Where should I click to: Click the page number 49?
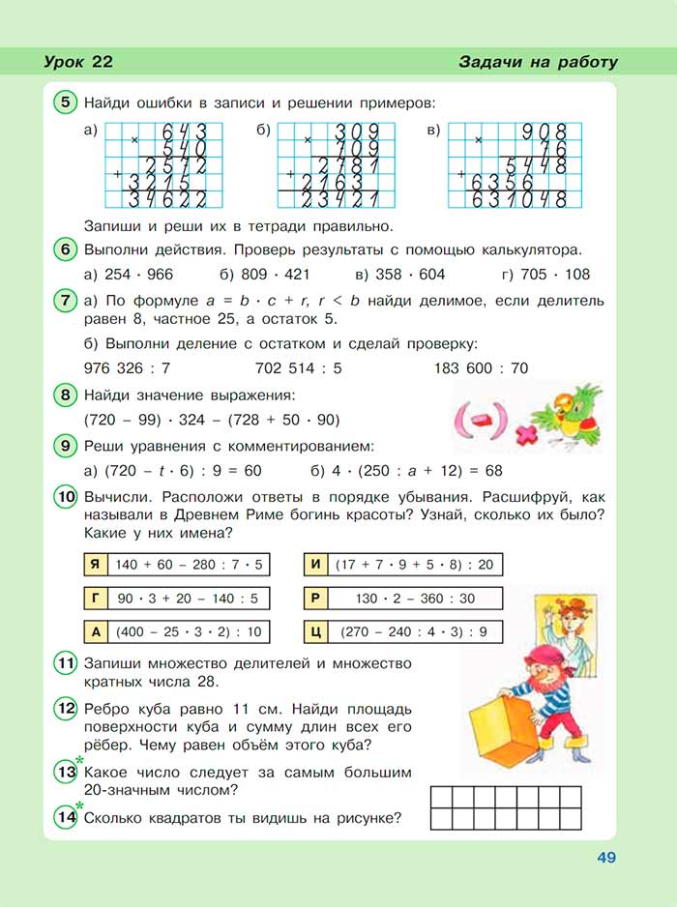(606, 857)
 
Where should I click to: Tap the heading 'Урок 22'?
(78, 63)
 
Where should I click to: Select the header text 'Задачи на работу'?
(538, 63)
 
